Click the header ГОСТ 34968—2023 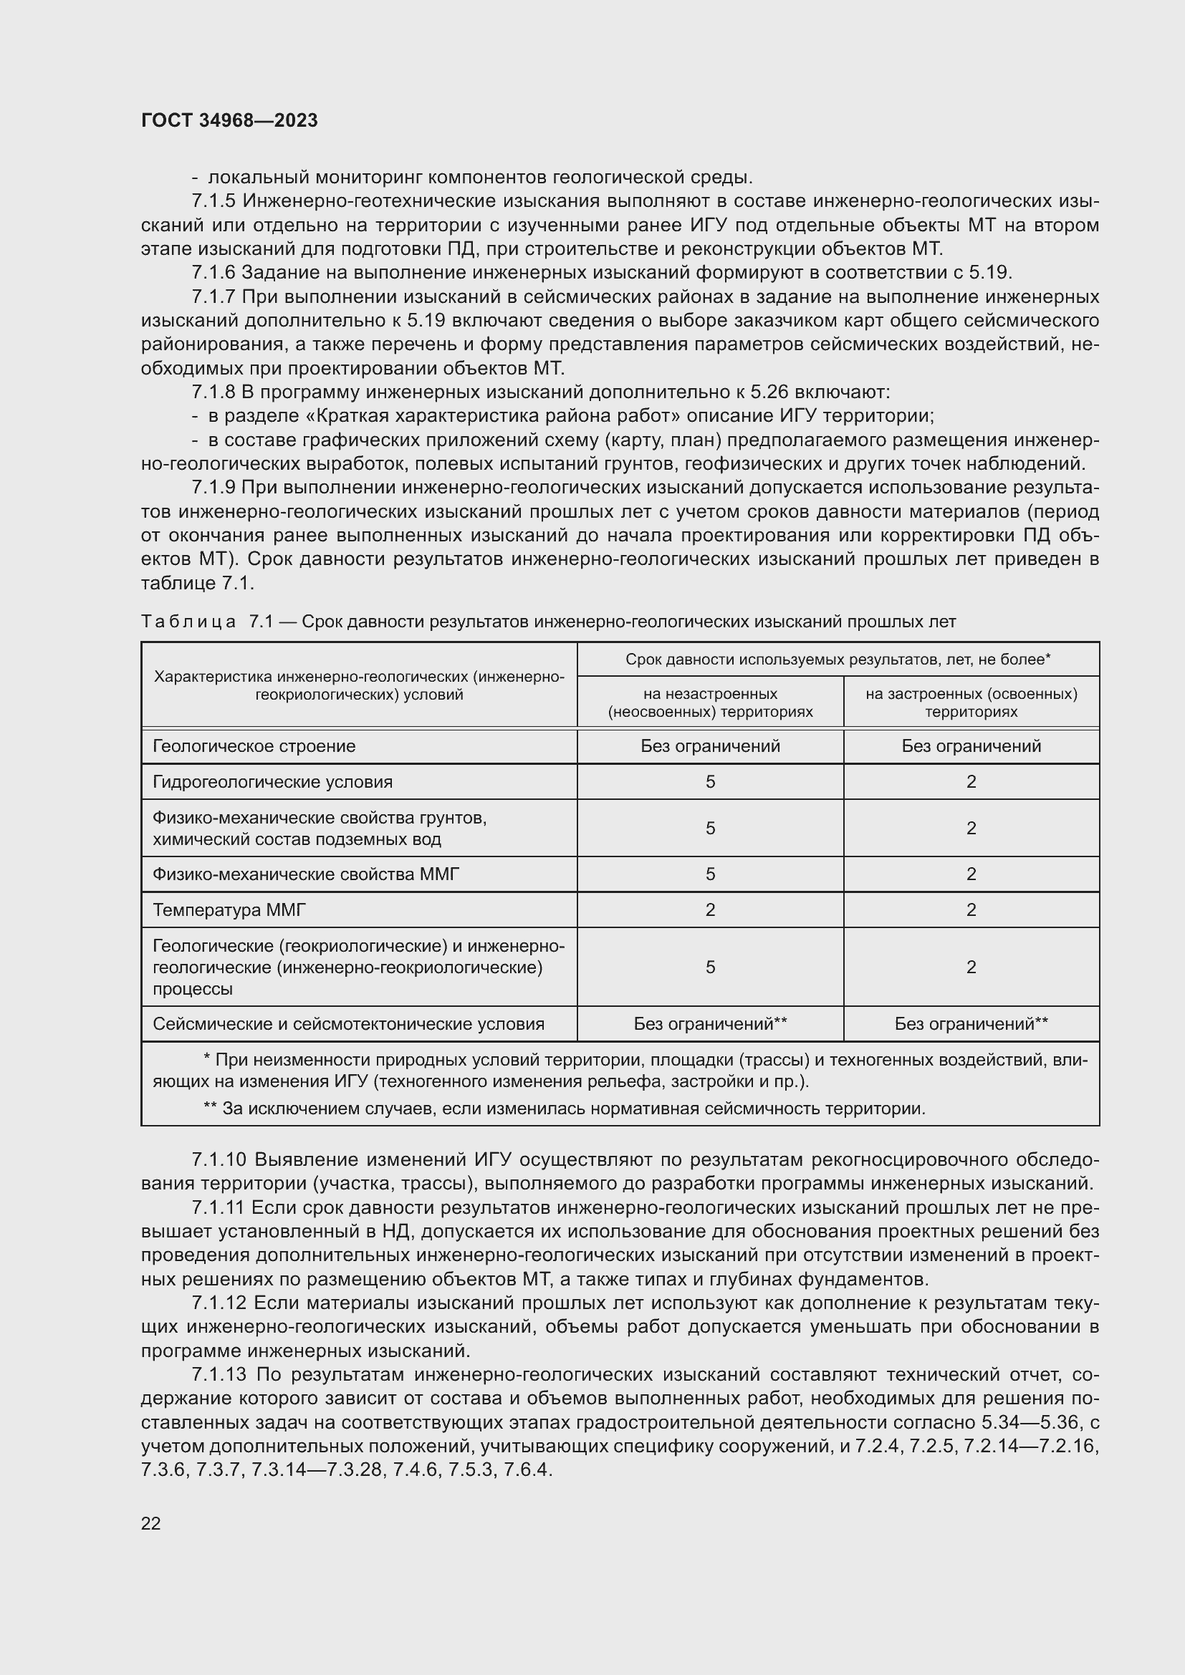[229, 120]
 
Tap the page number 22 [151, 1522]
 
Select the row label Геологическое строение [254, 745]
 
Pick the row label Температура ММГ [229, 909]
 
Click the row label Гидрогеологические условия [272, 782]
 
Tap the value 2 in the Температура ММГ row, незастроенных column [710, 909]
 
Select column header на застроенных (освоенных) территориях [971, 702]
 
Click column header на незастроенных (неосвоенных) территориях [710, 702]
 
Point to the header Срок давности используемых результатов [837, 660]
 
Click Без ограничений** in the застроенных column [971, 1023]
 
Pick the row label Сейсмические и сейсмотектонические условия [348, 1023]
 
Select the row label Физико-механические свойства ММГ [306, 874]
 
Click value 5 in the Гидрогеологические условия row [710, 782]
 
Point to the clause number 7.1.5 [214, 201]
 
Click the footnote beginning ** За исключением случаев [563, 1109]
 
